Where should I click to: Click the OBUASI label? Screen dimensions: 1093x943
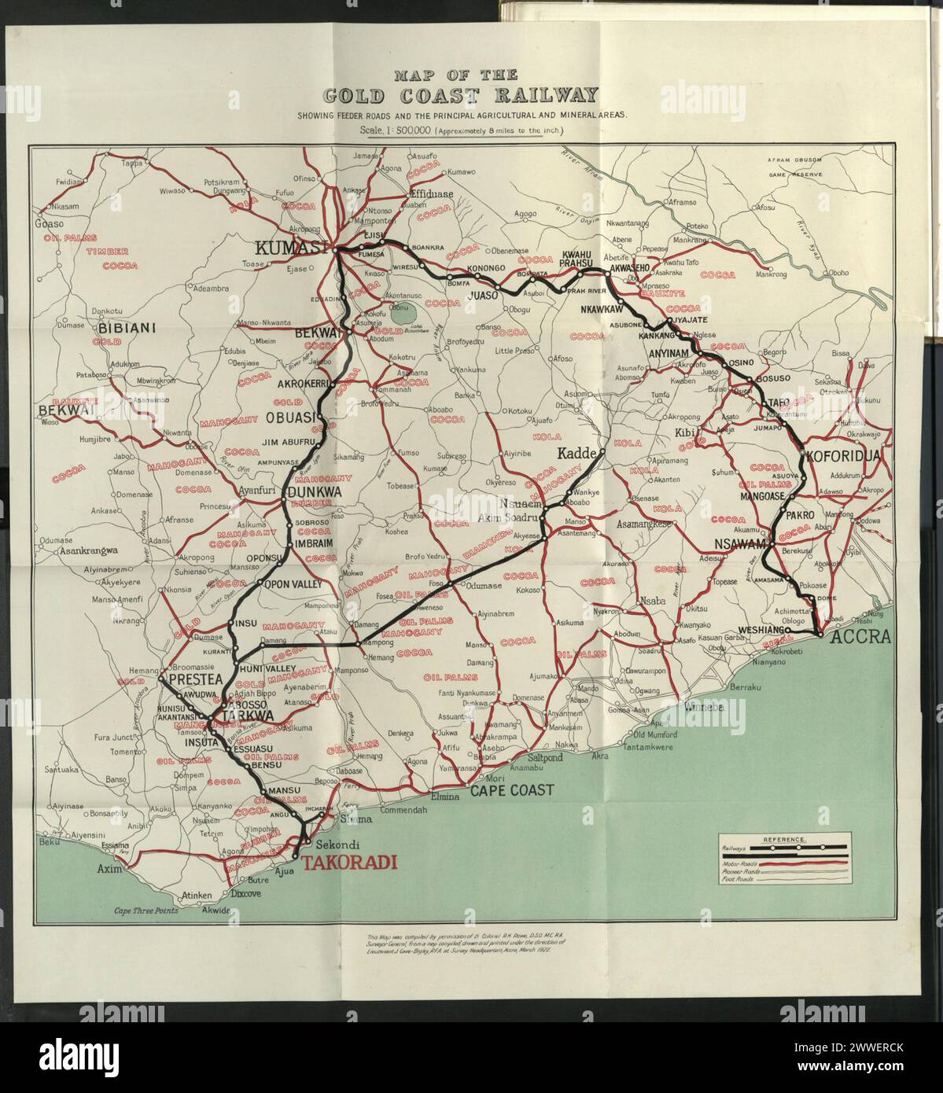pos(290,417)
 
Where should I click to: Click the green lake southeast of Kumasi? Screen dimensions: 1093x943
pos(407,315)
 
